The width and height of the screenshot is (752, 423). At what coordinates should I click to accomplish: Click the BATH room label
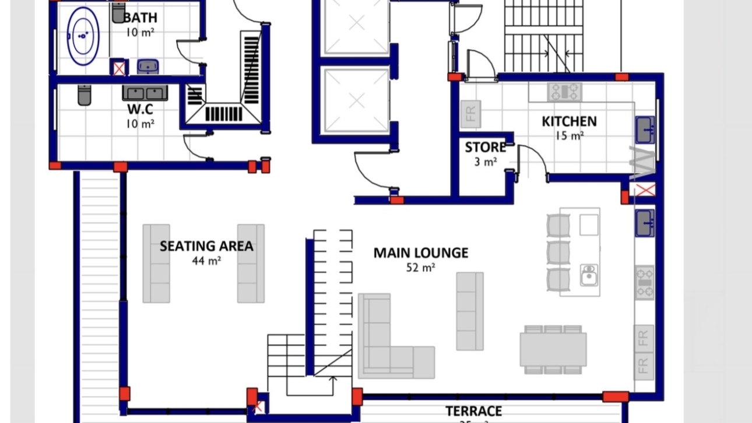coord(140,18)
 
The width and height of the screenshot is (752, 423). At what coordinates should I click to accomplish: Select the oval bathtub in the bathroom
coord(83,36)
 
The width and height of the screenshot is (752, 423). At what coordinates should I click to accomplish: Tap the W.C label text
coord(140,109)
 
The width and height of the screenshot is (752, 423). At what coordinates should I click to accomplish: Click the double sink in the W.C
coord(145,93)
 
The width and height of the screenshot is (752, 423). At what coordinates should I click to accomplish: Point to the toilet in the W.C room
coord(85,95)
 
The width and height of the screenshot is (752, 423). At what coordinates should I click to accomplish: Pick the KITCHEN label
coord(569,121)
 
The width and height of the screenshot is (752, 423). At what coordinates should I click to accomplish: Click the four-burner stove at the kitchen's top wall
coord(564,92)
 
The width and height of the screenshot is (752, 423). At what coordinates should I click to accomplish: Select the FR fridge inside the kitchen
coord(470,114)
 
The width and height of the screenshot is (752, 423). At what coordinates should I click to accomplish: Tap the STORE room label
coord(485,148)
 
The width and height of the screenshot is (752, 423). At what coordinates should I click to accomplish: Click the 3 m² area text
coord(485,162)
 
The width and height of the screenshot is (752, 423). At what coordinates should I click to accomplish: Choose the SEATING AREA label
coord(206,246)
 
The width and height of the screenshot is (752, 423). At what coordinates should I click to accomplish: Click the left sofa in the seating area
coord(156,263)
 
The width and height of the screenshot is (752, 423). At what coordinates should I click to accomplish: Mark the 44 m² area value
coord(206,261)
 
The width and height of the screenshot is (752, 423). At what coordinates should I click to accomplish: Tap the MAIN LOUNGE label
coord(420,253)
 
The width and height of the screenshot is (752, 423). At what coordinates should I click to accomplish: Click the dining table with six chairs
coord(553,349)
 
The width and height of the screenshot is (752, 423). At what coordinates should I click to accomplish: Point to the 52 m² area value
coord(420,268)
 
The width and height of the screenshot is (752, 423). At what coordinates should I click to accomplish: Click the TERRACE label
coord(473,411)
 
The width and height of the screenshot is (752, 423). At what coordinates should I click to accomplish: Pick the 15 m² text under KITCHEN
coord(569,136)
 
